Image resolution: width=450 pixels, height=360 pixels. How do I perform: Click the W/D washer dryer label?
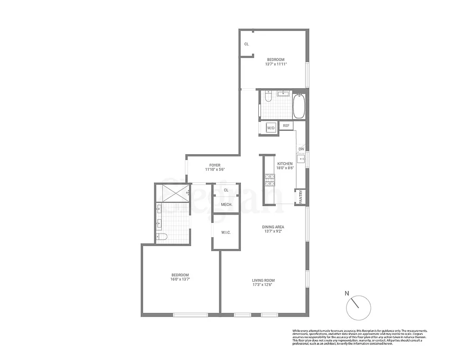point(271,128)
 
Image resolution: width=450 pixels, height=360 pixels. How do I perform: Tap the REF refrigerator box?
point(286,126)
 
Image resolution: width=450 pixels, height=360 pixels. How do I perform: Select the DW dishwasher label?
point(301,149)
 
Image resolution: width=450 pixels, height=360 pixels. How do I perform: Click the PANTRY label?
point(301,197)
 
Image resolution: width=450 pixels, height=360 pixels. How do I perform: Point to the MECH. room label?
point(226,205)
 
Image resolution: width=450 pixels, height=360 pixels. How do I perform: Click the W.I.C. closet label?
point(226,233)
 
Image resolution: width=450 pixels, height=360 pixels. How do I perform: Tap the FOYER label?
point(215,165)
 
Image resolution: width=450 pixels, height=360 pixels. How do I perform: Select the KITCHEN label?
point(285,164)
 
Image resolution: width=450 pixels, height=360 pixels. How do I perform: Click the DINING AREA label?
point(273,227)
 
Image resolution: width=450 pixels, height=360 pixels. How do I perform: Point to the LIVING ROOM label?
point(263,280)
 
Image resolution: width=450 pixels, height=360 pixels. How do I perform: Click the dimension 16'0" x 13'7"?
point(180,279)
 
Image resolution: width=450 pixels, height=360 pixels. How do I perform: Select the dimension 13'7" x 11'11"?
point(276,64)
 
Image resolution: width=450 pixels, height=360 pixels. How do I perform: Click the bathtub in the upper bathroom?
point(299,106)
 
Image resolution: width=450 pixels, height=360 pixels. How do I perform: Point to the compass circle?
point(359,308)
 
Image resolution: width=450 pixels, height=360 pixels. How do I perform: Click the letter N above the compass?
point(346,293)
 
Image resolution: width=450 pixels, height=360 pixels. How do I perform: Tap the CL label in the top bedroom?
point(247,44)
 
